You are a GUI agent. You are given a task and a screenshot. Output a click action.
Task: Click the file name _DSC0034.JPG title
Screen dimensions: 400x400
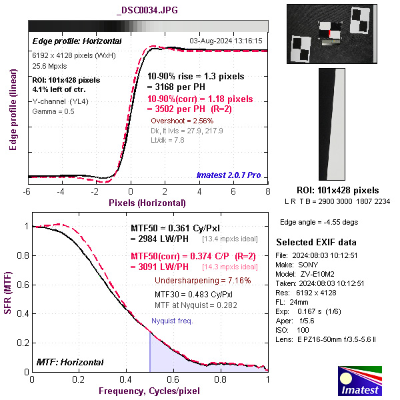pos(147,11)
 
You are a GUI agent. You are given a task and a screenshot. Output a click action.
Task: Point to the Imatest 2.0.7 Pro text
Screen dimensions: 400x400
pos(229,175)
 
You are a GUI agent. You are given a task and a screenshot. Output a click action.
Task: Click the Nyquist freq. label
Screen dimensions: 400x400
pos(172,321)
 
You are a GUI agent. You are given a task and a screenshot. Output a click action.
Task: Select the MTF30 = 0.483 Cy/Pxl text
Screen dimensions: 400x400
pos(193,294)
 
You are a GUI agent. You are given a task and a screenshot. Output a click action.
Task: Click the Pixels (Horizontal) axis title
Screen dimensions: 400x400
pos(147,202)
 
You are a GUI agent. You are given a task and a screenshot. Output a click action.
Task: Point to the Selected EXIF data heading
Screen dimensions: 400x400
pos(316,241)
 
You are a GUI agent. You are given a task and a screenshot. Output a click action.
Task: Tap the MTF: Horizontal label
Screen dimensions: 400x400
pos(71,362)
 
